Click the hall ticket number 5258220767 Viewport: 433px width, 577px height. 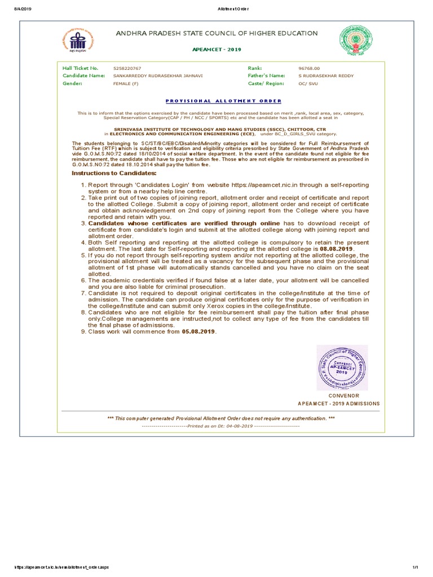pos(127,68)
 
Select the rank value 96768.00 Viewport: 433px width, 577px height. pos(308,68)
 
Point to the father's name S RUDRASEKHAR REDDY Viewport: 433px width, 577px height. pos(326,76)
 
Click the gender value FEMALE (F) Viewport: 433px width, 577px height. pos(126,83)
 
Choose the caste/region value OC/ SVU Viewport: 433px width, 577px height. pos(308,83)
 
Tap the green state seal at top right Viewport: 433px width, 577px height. pos(355,42)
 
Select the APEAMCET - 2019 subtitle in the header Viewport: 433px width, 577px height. pos(216,50)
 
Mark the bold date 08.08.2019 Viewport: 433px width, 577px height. pos(337,249)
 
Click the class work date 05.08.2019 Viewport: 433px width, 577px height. pos(198,331)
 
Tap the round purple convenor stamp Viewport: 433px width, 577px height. pos(342,367)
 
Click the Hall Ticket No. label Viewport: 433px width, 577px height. pos(80,68)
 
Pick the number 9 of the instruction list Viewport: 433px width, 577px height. pos(83,331)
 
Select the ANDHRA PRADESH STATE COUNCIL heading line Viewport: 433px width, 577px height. pos(216,34)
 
